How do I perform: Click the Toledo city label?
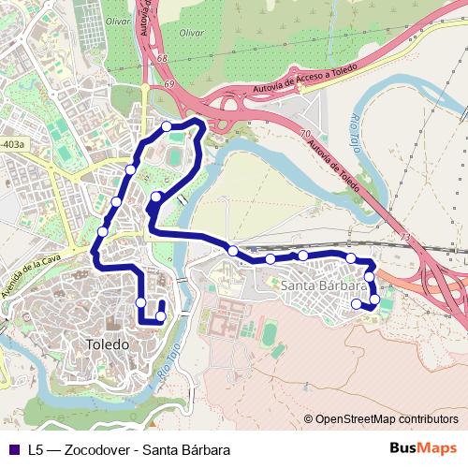tap(108, 344)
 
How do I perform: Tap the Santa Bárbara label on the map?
tap(322, 285)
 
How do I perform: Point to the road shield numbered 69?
tap(169, 85)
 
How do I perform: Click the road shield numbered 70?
tap(306, 134)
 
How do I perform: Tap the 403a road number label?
tap(13, 145)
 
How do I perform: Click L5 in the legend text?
tap(36, 448)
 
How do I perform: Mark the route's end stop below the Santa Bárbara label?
tap(356, 303)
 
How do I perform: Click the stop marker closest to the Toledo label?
tap(160, 316)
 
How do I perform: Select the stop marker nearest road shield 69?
tap(167, 126)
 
